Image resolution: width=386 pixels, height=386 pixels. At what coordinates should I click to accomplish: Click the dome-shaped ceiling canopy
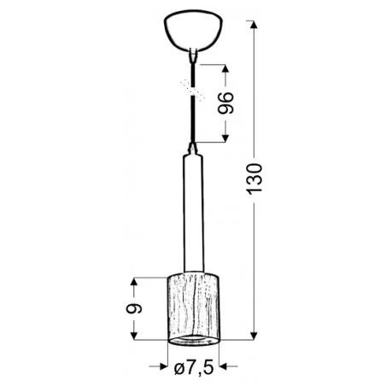(x=193, y=32)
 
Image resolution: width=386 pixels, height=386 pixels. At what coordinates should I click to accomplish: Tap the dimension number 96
(x=225, y=102)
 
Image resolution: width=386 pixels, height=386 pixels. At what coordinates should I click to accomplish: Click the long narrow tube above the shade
(x=193, y=213)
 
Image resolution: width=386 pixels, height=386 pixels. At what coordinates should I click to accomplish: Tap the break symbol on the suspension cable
(x=194, y=86)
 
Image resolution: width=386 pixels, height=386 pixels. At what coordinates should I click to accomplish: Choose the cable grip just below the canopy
(x=194, y=59)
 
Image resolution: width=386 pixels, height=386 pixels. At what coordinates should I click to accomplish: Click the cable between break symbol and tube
(x=194, y=120)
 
